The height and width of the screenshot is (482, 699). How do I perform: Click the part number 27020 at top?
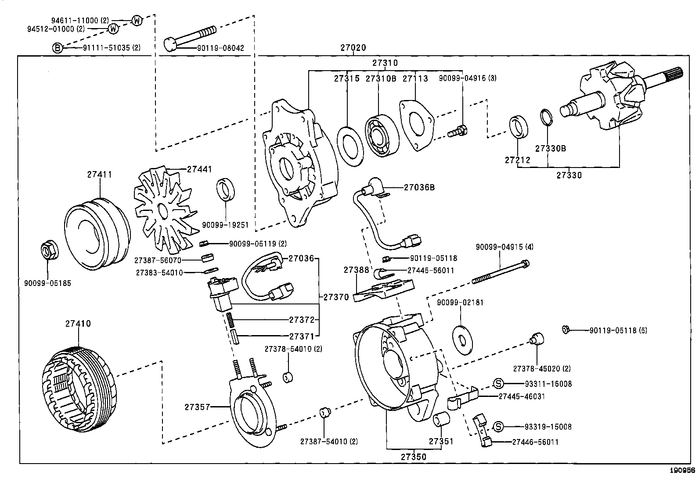(x=353, y=48)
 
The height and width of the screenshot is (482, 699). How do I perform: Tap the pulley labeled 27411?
(x=97, y=232)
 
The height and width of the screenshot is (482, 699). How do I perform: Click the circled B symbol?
(x=58, y=48)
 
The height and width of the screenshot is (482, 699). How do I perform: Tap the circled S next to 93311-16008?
(x=498, y=384)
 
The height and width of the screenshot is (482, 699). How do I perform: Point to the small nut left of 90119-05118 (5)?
(x=566, y=329)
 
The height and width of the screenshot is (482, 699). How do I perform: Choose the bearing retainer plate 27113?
(x=416, y=125)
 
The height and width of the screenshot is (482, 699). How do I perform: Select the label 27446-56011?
(x=535, y=442)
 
